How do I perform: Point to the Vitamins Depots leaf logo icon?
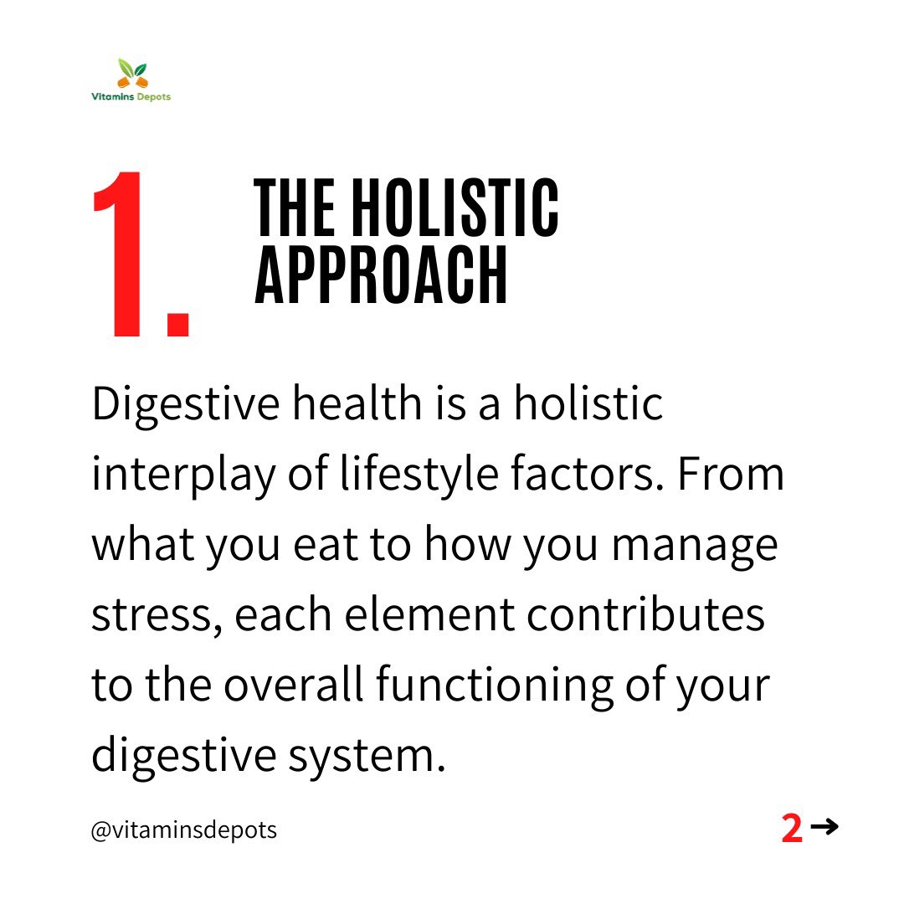click(131, 74)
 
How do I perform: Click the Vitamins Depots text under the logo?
click(131, 97)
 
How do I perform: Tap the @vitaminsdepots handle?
click(184, 831)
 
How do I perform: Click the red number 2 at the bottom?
click(792, 829)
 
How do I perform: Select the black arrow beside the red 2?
click(824, 828)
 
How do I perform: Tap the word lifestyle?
click(401, 475)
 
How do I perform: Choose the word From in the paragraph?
click(731, 475)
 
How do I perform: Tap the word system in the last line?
click(367, 756)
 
